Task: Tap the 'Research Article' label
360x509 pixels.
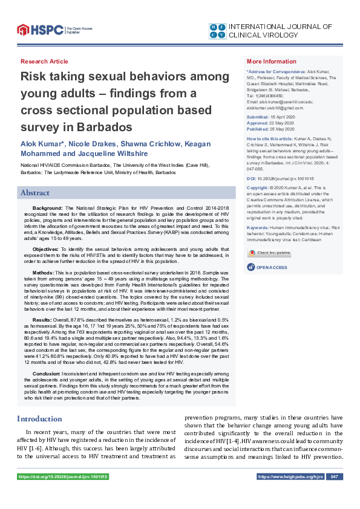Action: point(44,62)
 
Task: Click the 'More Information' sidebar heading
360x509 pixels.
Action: point(272,62)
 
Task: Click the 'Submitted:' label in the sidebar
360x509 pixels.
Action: point(258,116)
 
